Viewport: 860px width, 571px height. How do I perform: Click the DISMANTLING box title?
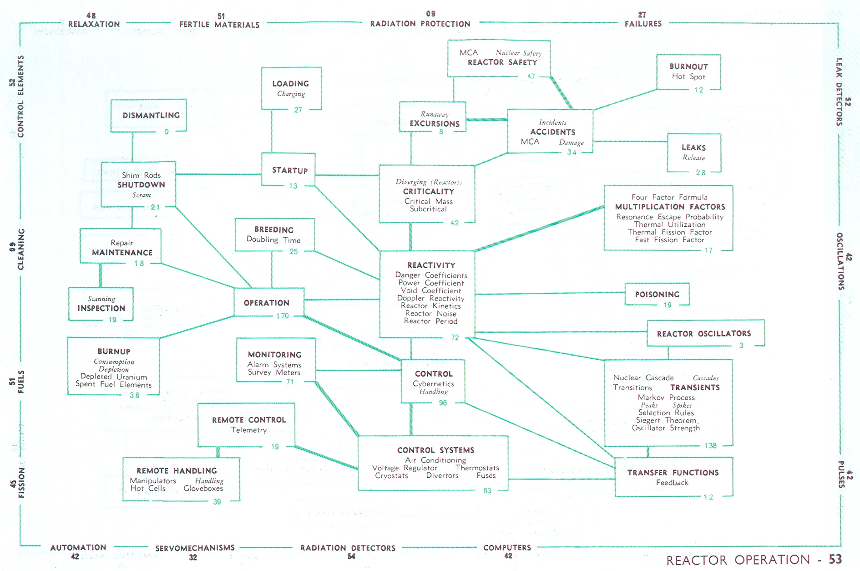(151, 115)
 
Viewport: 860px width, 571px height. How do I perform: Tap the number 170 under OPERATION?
(283, 316)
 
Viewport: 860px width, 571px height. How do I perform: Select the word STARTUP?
(290, 170)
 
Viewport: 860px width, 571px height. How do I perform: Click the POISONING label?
(657, 294)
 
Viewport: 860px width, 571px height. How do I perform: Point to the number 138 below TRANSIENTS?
(710, 445)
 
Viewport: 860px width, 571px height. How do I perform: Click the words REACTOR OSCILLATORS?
(704, 334)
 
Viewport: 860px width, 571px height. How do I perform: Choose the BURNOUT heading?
(688, 66)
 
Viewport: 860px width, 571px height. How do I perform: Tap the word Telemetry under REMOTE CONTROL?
(249, 430)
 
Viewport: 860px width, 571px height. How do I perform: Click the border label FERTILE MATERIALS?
(219, 25)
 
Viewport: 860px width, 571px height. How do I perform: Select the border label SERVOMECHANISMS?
(195, 548)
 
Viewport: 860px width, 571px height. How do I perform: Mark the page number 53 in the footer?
(835, 559)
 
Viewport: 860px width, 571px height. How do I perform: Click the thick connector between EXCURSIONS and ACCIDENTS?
(487, 120)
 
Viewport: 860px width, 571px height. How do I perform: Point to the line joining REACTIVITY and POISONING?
(550, 293)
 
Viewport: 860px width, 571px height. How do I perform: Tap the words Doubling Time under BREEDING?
(273, 240)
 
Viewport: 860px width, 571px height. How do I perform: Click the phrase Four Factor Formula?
(669, 197)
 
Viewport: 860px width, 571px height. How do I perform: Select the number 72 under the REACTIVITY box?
(455, 337)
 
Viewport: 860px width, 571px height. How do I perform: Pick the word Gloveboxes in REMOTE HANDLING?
(203, 488)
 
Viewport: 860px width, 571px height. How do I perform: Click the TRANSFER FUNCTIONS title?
(673, 473)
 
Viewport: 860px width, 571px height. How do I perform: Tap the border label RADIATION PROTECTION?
(420, 24)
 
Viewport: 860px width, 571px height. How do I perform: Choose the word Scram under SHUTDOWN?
(142, 195)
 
